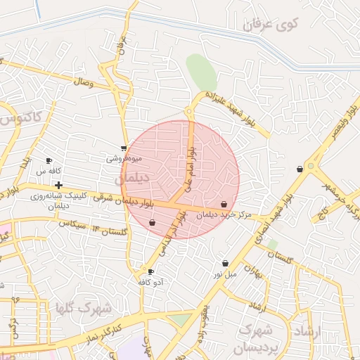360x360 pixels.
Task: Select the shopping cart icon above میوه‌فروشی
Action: (x=124, y=148)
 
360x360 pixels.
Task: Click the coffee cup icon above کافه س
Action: (x=49, y=161)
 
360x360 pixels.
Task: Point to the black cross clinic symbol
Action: (x=58, y=184)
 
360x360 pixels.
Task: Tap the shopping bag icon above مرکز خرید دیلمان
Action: (x=224, y=205)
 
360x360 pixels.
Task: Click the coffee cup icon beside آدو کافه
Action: (x=150, y=271)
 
